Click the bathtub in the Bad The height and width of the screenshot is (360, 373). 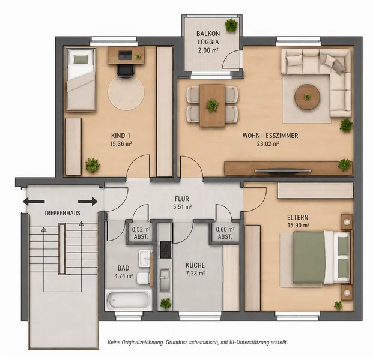click(129, 300)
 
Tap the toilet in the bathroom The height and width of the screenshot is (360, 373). click(143, 278)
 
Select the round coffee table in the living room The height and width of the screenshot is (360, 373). click(307, 97)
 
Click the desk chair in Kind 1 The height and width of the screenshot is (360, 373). click(126, 71)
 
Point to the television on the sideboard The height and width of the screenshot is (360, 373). click(283, 170)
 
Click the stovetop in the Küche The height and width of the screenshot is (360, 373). click(166, 250)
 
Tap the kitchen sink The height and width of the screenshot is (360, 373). click(165, 280)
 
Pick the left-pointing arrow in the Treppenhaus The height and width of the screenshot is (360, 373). click(34, 202)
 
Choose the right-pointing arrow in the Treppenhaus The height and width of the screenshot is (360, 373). click(88, 202)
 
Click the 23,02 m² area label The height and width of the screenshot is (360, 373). click(268, 144)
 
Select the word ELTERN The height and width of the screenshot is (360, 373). click(298, 217)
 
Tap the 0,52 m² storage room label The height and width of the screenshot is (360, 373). click(141, 230)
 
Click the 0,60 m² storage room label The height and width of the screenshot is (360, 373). click(225, 230)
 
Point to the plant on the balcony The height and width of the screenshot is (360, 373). click(231, 25)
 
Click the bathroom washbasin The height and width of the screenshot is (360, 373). click(145, 259)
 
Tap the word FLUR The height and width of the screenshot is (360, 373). click(182, 199)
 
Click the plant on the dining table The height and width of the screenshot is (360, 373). click(212, 105)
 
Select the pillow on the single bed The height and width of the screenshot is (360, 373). click(80, 59)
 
